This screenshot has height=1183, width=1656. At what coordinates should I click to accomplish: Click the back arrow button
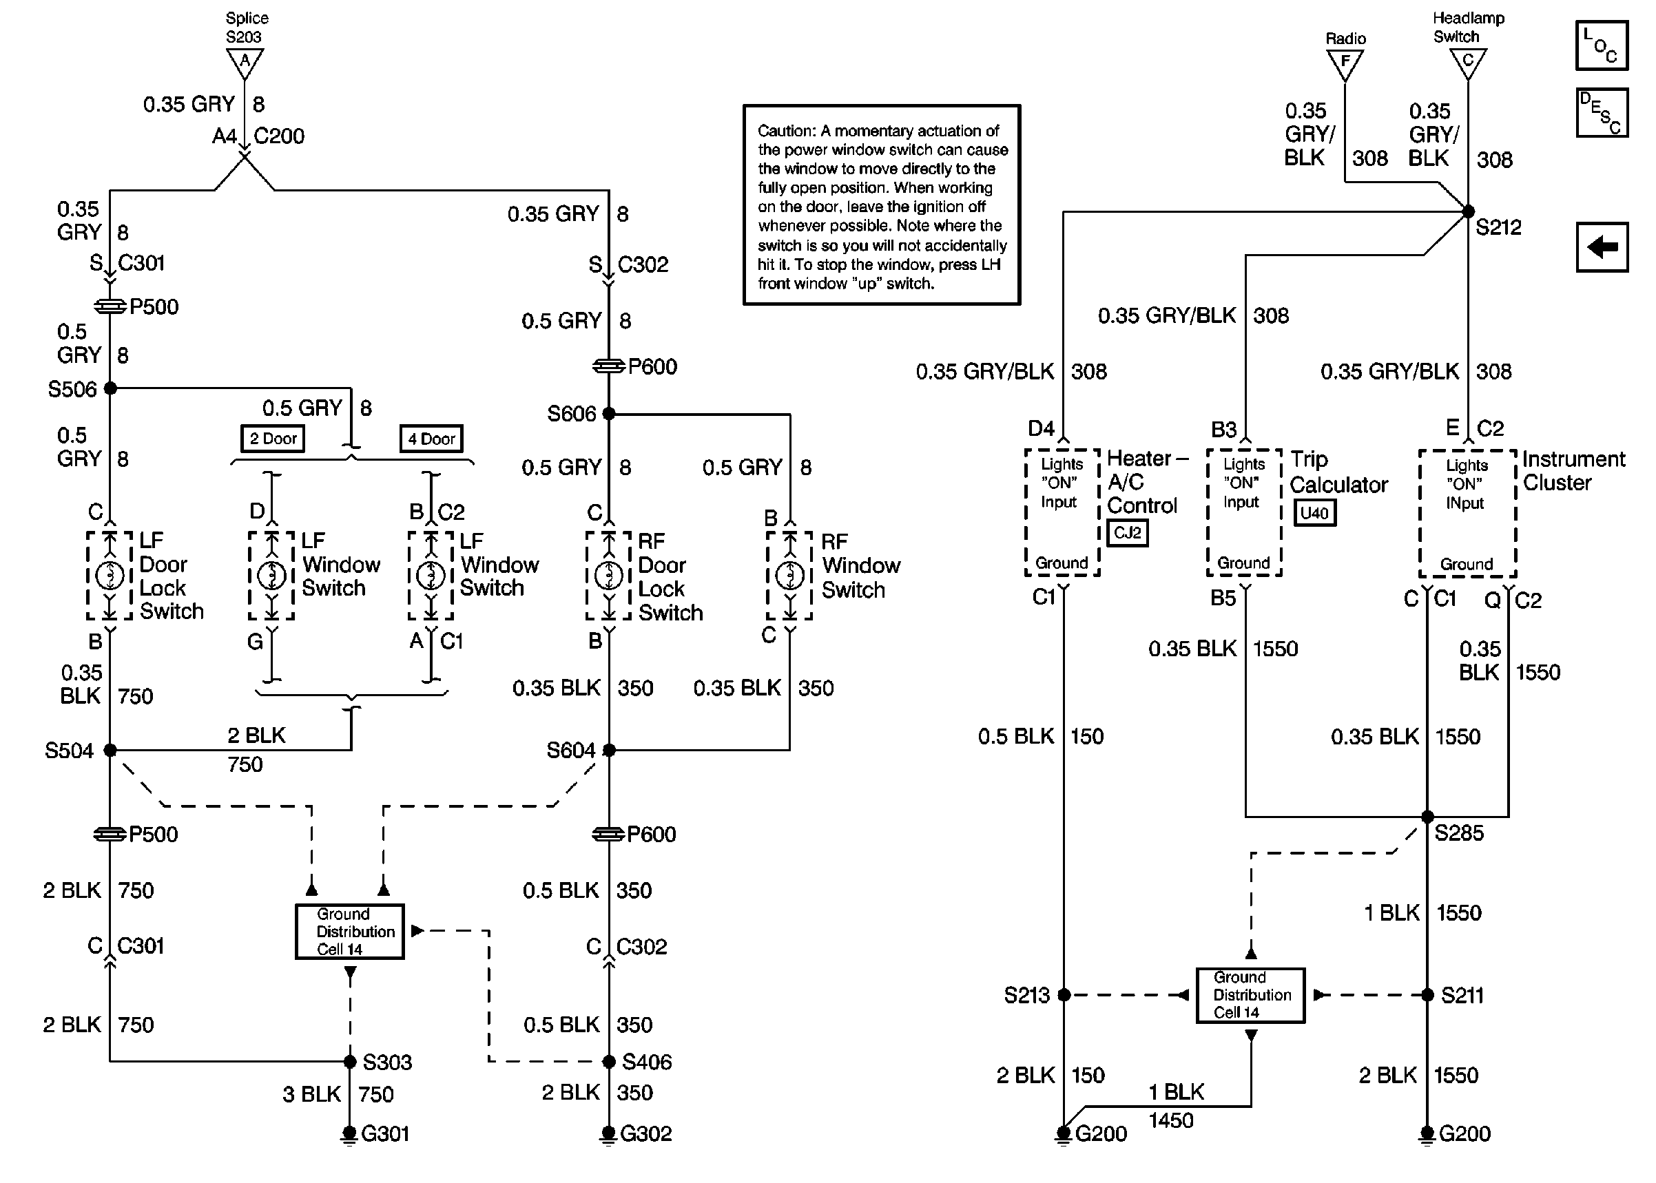(1602, 247)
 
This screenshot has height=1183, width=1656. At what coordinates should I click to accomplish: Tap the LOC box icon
(1602, 45)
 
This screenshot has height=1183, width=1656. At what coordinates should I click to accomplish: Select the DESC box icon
(1602, 113)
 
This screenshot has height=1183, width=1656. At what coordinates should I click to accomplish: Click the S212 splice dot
(1468, 211)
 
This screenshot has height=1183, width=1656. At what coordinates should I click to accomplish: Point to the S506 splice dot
(110, 388)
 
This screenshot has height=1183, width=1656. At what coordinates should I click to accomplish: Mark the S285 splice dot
(1427, 817)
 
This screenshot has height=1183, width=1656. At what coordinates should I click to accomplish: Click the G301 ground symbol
(349, 1135)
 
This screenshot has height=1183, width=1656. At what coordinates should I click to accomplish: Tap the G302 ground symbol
(608, 1135)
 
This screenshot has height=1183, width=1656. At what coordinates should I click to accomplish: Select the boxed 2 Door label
(273, 439)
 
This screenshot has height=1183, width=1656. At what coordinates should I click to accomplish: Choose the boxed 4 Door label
(431, 439)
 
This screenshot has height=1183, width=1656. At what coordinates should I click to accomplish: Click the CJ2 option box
(1127, 532)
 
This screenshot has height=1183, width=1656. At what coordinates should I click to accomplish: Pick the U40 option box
(1314, 513)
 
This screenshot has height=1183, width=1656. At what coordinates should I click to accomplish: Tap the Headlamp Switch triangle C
(1468, 63)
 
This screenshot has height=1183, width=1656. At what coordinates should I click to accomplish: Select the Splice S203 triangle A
(245, 63)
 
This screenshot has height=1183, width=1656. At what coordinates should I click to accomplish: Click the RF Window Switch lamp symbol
(789, 576)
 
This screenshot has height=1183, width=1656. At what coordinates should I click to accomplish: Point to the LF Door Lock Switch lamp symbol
(110, 576)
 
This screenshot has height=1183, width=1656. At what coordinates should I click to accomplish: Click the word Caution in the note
(786, 131)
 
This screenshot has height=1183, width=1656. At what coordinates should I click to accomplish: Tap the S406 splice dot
(609, 1061)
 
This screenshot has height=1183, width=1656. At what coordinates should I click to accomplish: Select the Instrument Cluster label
(1572, 470)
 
